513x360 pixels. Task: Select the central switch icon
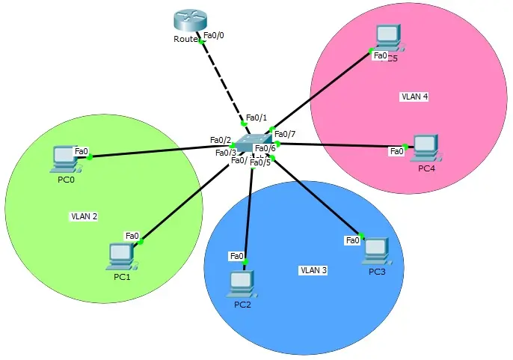(x=254, y=142)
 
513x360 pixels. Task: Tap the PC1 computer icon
(x=119, y=255)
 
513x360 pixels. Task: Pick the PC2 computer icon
(x=242, y=283)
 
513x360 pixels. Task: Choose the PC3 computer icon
(x=375, y=249)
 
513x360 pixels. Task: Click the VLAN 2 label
(x=85, y=216)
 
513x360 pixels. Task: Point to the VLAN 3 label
(x=313, y=270)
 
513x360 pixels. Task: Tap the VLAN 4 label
(x=414, y=97)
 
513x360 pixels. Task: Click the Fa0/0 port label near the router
(x=213, y=35)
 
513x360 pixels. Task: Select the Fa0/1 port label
(x=256, y=118)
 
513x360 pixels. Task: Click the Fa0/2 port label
(x=221, y=140)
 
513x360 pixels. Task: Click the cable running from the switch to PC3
(x=314, y=195)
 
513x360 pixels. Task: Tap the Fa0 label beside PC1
(x=132, y=236)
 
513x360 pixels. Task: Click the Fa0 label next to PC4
(x=396, y=152)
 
